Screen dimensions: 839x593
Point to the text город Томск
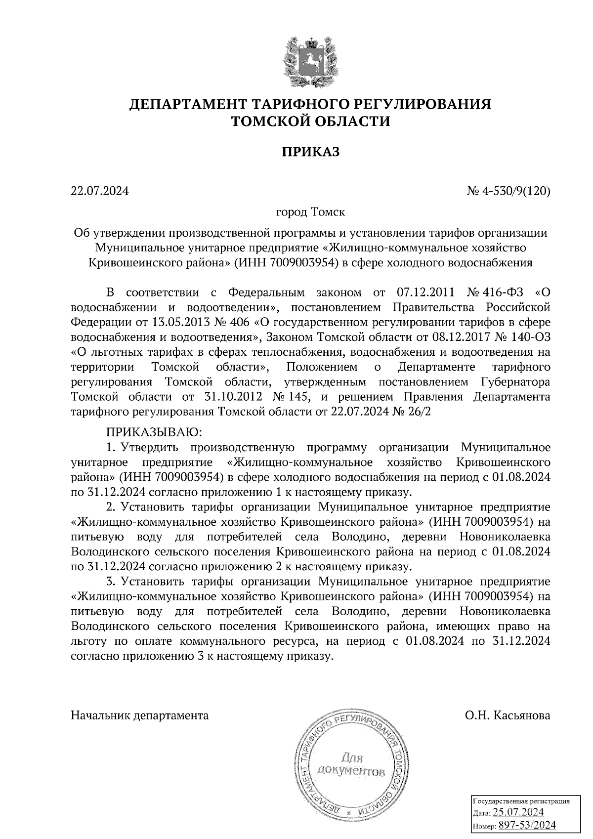(x=310, y=212)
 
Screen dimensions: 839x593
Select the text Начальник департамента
(x=140, y=715)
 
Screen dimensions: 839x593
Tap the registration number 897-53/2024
(x=527, y=825)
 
